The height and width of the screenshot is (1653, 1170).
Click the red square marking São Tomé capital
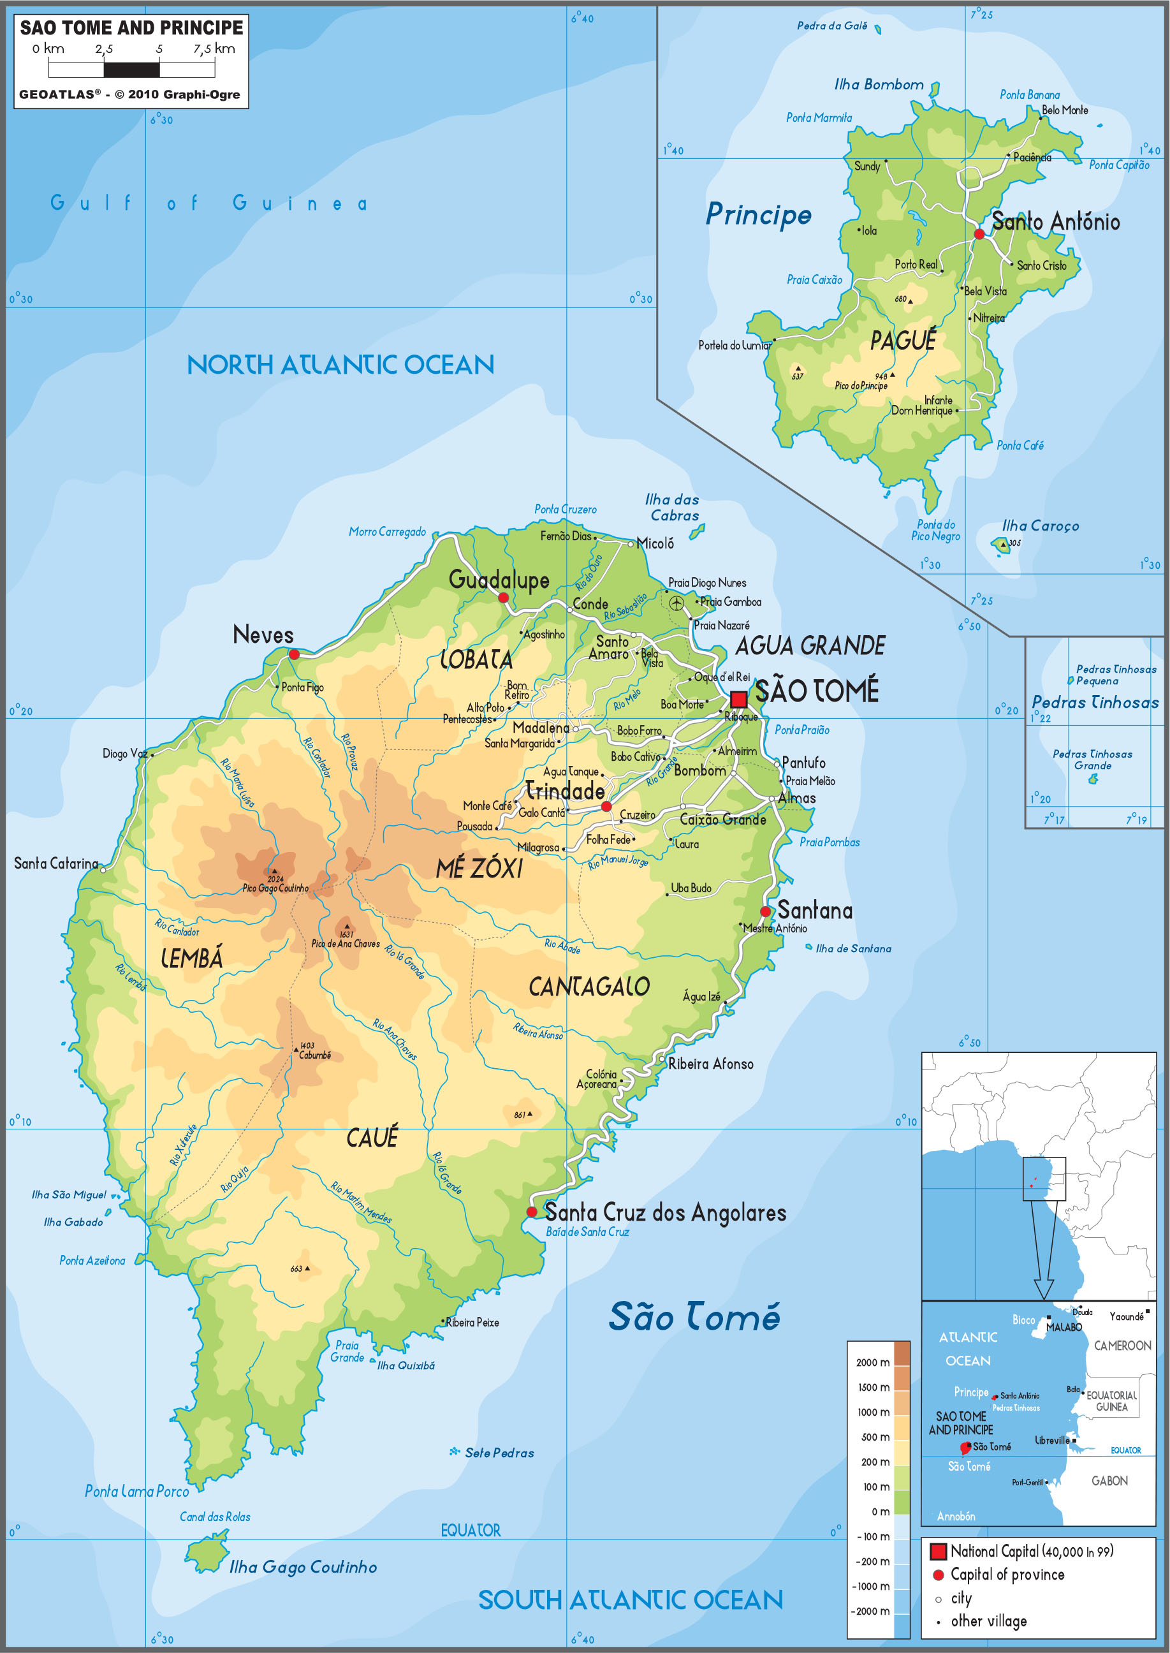coord(738,699)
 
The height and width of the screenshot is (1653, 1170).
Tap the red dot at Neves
coord(294,654)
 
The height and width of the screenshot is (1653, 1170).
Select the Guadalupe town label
coord(499,579)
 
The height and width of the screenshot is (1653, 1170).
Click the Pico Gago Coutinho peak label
coord(275,888)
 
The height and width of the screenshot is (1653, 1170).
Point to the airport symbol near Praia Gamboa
coord(676,603)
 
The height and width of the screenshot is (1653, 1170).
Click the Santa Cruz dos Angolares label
coord(665,1213)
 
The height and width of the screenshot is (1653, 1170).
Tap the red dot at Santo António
coord(979,234)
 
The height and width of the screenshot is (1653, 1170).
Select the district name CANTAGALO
coord(589,987)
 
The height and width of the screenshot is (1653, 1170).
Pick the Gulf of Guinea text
coord(209,203)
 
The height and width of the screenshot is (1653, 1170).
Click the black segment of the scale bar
coord(132,70)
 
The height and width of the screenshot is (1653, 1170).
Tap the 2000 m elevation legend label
coord(872,1362)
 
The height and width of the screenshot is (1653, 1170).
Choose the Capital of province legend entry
coord(1007,1575)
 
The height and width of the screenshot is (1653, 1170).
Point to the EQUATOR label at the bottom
coord(471,1530)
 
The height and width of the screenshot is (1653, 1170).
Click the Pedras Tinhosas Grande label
coord(1092,760)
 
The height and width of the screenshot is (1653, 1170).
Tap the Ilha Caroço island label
coord(1041,526)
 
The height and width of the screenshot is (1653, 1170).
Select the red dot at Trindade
coord(606,806)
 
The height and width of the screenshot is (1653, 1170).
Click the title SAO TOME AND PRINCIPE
coord(131,28)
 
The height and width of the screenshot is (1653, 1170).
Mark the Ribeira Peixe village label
coord(472,1322)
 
